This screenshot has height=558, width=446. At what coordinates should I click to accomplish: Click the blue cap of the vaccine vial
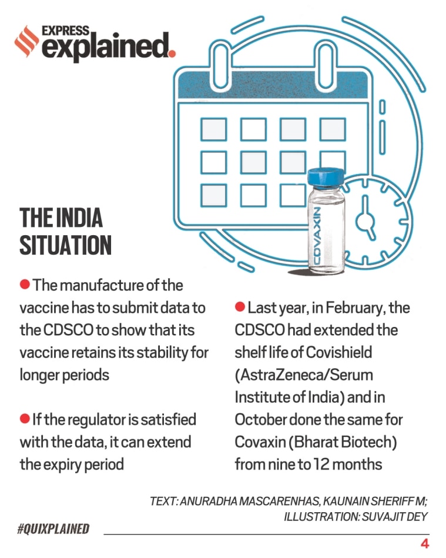(x=326, y=177)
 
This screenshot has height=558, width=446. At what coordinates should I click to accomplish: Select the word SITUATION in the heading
(x=65, y=245)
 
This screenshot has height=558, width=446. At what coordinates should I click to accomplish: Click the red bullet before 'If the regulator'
(x=25, y=419)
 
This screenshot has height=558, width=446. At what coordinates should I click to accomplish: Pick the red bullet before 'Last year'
(x=240, y=308)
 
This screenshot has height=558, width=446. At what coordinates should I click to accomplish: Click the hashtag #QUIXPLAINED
(x=53, y=529)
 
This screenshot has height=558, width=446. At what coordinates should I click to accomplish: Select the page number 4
(x=424, y=543)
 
